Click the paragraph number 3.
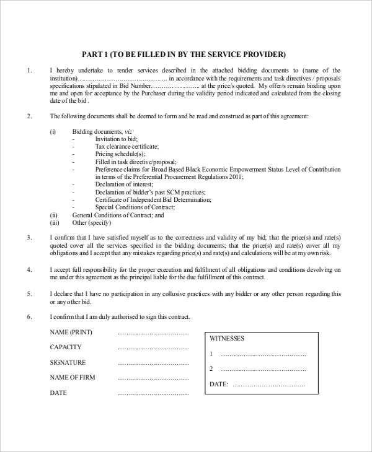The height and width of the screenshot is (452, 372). (x=29, y=237)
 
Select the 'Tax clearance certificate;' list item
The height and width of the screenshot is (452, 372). (x=127, y=147)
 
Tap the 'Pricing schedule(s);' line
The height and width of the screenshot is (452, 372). (x=120, y=154)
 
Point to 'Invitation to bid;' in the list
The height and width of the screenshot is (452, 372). (x=116, y=139)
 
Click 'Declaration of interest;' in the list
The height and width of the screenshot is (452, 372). (x=123, y=185)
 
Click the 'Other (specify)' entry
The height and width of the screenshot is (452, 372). (x=91, y=223)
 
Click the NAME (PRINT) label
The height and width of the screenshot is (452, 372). (x=71, y=332)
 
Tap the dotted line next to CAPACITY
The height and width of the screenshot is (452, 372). (x=153, y=347)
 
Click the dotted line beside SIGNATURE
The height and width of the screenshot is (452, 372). (x=153, y=363)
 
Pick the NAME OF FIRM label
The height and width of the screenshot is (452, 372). (x=76, y=378)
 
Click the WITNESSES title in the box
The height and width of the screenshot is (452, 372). (x=227, y=339)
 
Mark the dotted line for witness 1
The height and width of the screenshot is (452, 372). (x=263, y=355)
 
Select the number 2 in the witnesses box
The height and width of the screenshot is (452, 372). (x=211, y=370)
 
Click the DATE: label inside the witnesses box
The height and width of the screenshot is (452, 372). (x=219, y=385)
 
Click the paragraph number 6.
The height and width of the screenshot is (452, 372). (x=29, y=317)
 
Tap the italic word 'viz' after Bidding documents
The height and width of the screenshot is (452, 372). (x=128, y=132)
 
